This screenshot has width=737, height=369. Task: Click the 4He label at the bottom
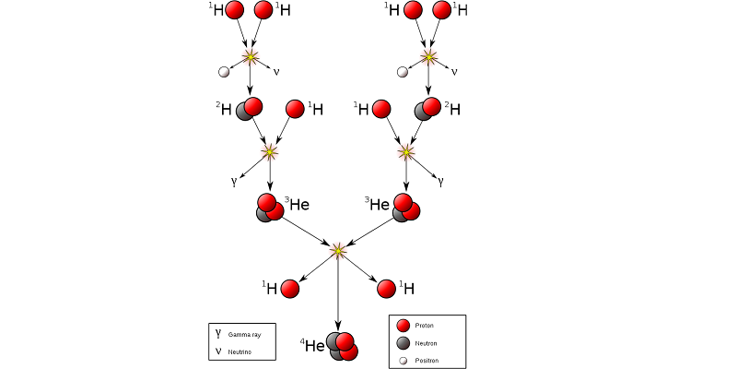[313, 346]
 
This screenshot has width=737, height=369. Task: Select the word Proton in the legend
[425, 326]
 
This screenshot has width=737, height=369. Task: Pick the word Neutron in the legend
[426, 343]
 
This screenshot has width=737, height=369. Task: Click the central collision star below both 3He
[338, 250]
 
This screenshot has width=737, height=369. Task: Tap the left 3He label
[296, 203]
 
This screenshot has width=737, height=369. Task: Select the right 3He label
[380, 204]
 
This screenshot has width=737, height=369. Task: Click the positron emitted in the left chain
[224, 72]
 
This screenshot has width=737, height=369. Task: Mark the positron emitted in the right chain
[402, 72]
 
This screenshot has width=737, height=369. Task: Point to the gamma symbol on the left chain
[235, 182]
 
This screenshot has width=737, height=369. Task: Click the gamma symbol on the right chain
[441, 182]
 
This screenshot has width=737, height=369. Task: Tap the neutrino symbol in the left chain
[275, 72]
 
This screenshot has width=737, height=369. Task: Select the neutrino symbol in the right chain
[454, 72]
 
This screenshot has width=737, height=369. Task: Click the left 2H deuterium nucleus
[250, 109]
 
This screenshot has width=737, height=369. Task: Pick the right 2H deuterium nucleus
[427, 109]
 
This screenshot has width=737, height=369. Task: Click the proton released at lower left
[289, 289]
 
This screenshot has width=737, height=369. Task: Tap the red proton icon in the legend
[403, 326]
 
